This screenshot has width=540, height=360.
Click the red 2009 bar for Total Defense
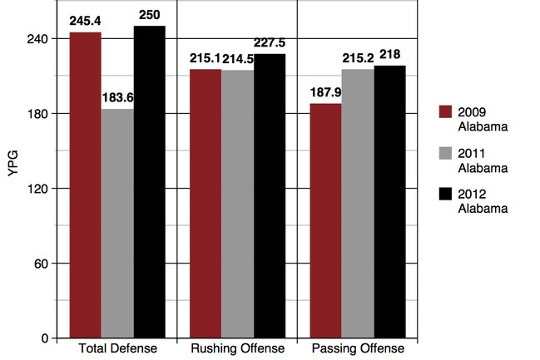point(86,185)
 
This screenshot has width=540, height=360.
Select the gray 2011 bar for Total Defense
point(117,224)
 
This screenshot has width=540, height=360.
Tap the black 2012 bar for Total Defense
point(150,182)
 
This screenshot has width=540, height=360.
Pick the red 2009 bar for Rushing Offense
point(206,204)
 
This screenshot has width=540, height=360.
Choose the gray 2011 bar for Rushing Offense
point(238,204)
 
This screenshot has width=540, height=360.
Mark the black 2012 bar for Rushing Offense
point(270,196)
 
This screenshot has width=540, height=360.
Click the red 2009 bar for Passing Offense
point(326,221)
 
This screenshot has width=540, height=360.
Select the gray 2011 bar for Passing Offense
point(358,204)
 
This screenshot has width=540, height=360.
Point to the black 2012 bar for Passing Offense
point(390,202)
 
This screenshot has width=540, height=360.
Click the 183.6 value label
point(118,98)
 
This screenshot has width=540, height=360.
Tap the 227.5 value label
point(270,42)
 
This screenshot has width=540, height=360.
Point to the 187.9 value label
point(326,92)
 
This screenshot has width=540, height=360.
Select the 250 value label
point(150,15)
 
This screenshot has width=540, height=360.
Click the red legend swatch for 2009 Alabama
point(445,112)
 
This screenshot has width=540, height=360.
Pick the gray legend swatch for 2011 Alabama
point(445,153)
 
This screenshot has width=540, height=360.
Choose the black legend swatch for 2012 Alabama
point(445,194)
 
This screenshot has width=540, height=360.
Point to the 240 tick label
point(37,39)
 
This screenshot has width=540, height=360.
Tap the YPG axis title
point(12,164)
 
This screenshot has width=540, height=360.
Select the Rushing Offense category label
point(238,348)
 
